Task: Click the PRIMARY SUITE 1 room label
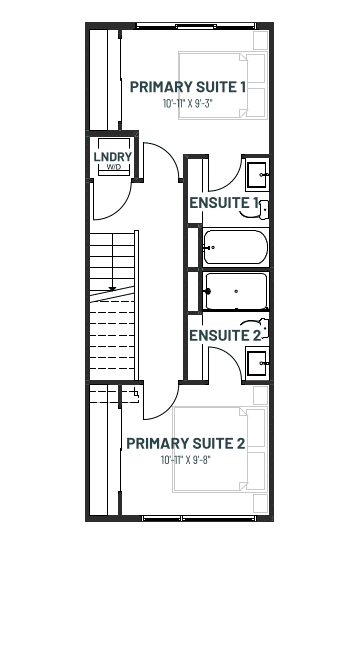point(188,87)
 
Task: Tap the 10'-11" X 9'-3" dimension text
point(188,103)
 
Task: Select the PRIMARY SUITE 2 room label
point(186,443)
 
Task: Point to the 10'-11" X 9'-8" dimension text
point(186,460)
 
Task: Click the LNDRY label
point(113,157)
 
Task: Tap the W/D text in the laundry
point(114,167)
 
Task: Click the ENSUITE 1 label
point(224,203)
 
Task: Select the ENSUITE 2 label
point(225,336)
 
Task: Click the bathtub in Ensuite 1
point(236,247)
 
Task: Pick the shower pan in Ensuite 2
point(236,291)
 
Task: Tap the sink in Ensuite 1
point(257,175)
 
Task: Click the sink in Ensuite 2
point(257,363)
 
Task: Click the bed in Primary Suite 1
point(223,86)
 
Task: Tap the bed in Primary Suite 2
point(219,449)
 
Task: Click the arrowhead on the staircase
point(112,288)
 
